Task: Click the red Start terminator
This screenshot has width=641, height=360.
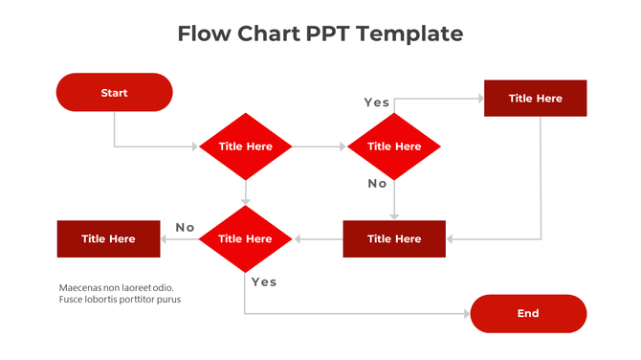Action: coord(114,93)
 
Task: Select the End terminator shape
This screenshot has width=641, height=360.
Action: coord(528,313)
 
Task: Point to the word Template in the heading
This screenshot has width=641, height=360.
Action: coord(416,34)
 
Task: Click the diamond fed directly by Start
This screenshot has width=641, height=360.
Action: coord(246,146)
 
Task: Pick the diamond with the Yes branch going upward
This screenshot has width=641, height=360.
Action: coord(393,146)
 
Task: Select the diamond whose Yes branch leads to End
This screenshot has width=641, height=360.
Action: coord(246,238)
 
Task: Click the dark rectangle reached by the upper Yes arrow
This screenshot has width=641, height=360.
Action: coord(535,99)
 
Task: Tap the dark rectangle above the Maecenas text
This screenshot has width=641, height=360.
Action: coord(108,238)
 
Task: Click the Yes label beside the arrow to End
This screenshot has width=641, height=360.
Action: coord(264,281)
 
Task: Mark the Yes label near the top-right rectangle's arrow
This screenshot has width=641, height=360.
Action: coord(376,101)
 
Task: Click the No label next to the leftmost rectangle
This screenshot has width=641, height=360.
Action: coord(185,227)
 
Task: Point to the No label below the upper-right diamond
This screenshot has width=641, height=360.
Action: coord(377,183)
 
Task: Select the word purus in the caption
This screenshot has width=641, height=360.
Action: coord(168,300)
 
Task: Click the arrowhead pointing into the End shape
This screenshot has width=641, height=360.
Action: coord(467,313)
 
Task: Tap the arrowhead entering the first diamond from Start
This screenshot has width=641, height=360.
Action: coord(194,146)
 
